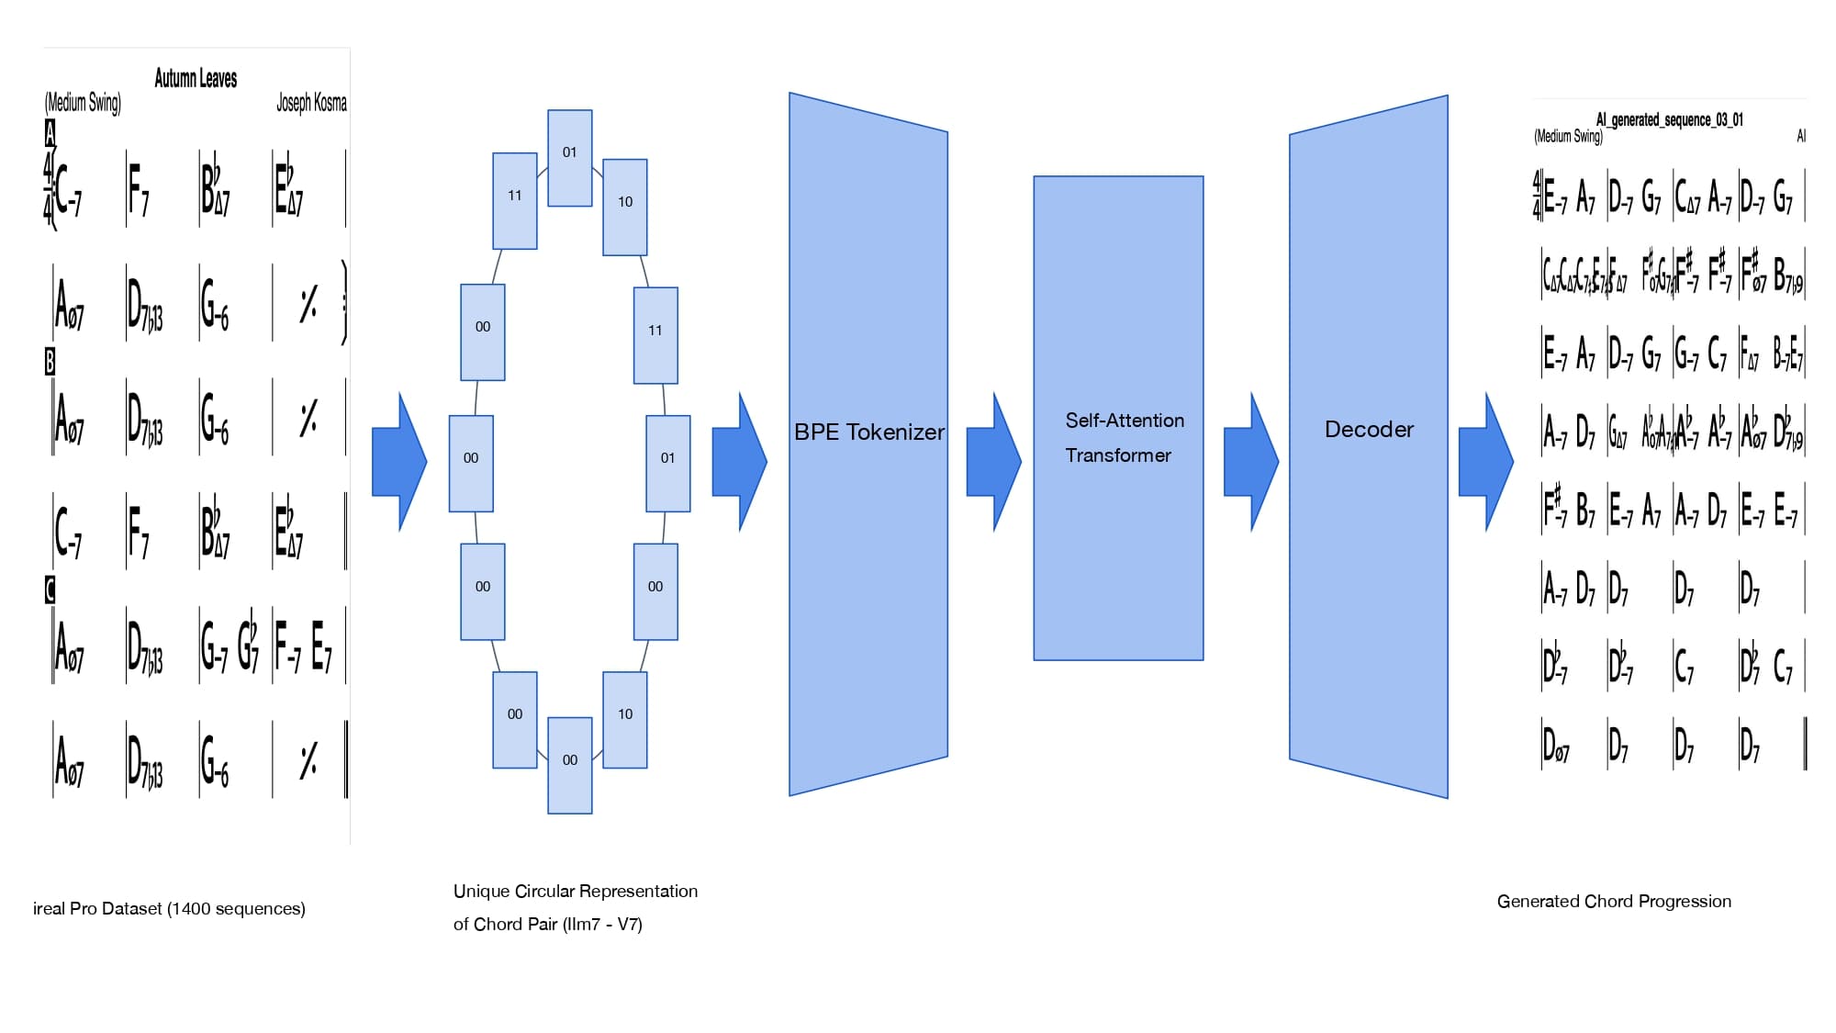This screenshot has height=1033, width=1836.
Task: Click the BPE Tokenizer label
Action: tap(868, 432)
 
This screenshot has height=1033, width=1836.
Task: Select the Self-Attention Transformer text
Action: tap(1124, 437)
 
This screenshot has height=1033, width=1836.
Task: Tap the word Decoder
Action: tap(1369, 429)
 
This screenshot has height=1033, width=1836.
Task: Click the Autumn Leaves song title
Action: tap(196, 78)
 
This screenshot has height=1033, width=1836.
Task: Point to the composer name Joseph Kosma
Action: tap(311, 102)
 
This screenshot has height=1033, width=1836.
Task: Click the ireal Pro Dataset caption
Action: tap(169, 908)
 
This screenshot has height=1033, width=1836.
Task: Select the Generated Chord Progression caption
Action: tap(1614, 901)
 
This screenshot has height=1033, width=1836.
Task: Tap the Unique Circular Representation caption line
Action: tap(575, 891)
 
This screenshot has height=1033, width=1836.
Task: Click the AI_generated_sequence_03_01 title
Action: tap(1669, 119)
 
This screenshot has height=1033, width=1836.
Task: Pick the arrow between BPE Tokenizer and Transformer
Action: tap(993, 462)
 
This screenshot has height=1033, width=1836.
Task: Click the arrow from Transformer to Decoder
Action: tap(1250, 462)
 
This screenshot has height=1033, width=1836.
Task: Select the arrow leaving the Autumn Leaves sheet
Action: tap(399, 462)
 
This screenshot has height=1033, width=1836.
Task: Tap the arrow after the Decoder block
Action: tap(1485, 462)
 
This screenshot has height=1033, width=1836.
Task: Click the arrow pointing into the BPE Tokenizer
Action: tap(739, 462)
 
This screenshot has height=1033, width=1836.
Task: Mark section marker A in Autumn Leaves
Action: tap(50, 134)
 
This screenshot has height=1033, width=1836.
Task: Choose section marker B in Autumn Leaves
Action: tap(50, 362)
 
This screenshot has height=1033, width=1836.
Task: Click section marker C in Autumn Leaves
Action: tap(50, 590)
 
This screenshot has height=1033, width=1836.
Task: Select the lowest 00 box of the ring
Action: tap(570, 765)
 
